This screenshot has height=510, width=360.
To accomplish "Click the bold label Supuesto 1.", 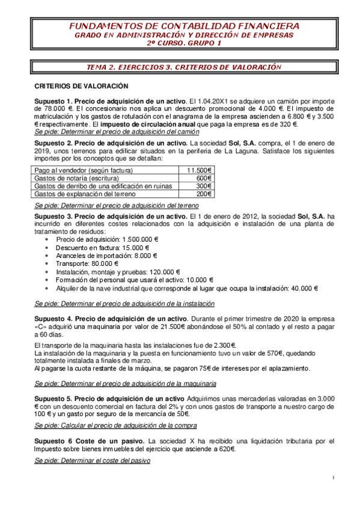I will tap(53, 100).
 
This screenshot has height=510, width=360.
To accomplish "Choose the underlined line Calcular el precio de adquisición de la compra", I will tap(115, 426).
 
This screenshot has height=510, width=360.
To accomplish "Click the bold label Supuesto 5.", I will tap(53, 398).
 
